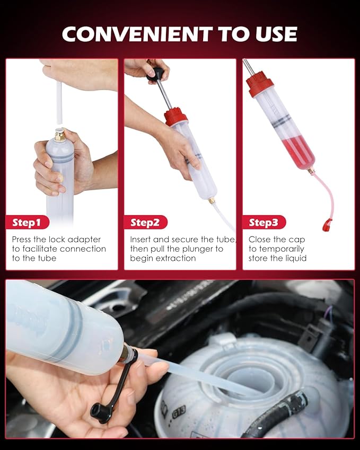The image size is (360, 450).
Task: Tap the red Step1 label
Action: coord(27,223)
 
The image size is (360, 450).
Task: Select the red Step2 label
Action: coord(145,223)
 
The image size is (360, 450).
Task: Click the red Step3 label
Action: coord(264,223)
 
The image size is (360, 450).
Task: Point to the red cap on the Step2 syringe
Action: coord(175,116)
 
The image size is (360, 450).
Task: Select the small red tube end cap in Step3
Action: coord(327,225)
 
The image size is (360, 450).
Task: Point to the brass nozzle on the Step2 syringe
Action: coord(212,201)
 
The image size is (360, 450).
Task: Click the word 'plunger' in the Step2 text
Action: coord(205,249)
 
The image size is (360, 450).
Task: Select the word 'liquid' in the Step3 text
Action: coord(295,259)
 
